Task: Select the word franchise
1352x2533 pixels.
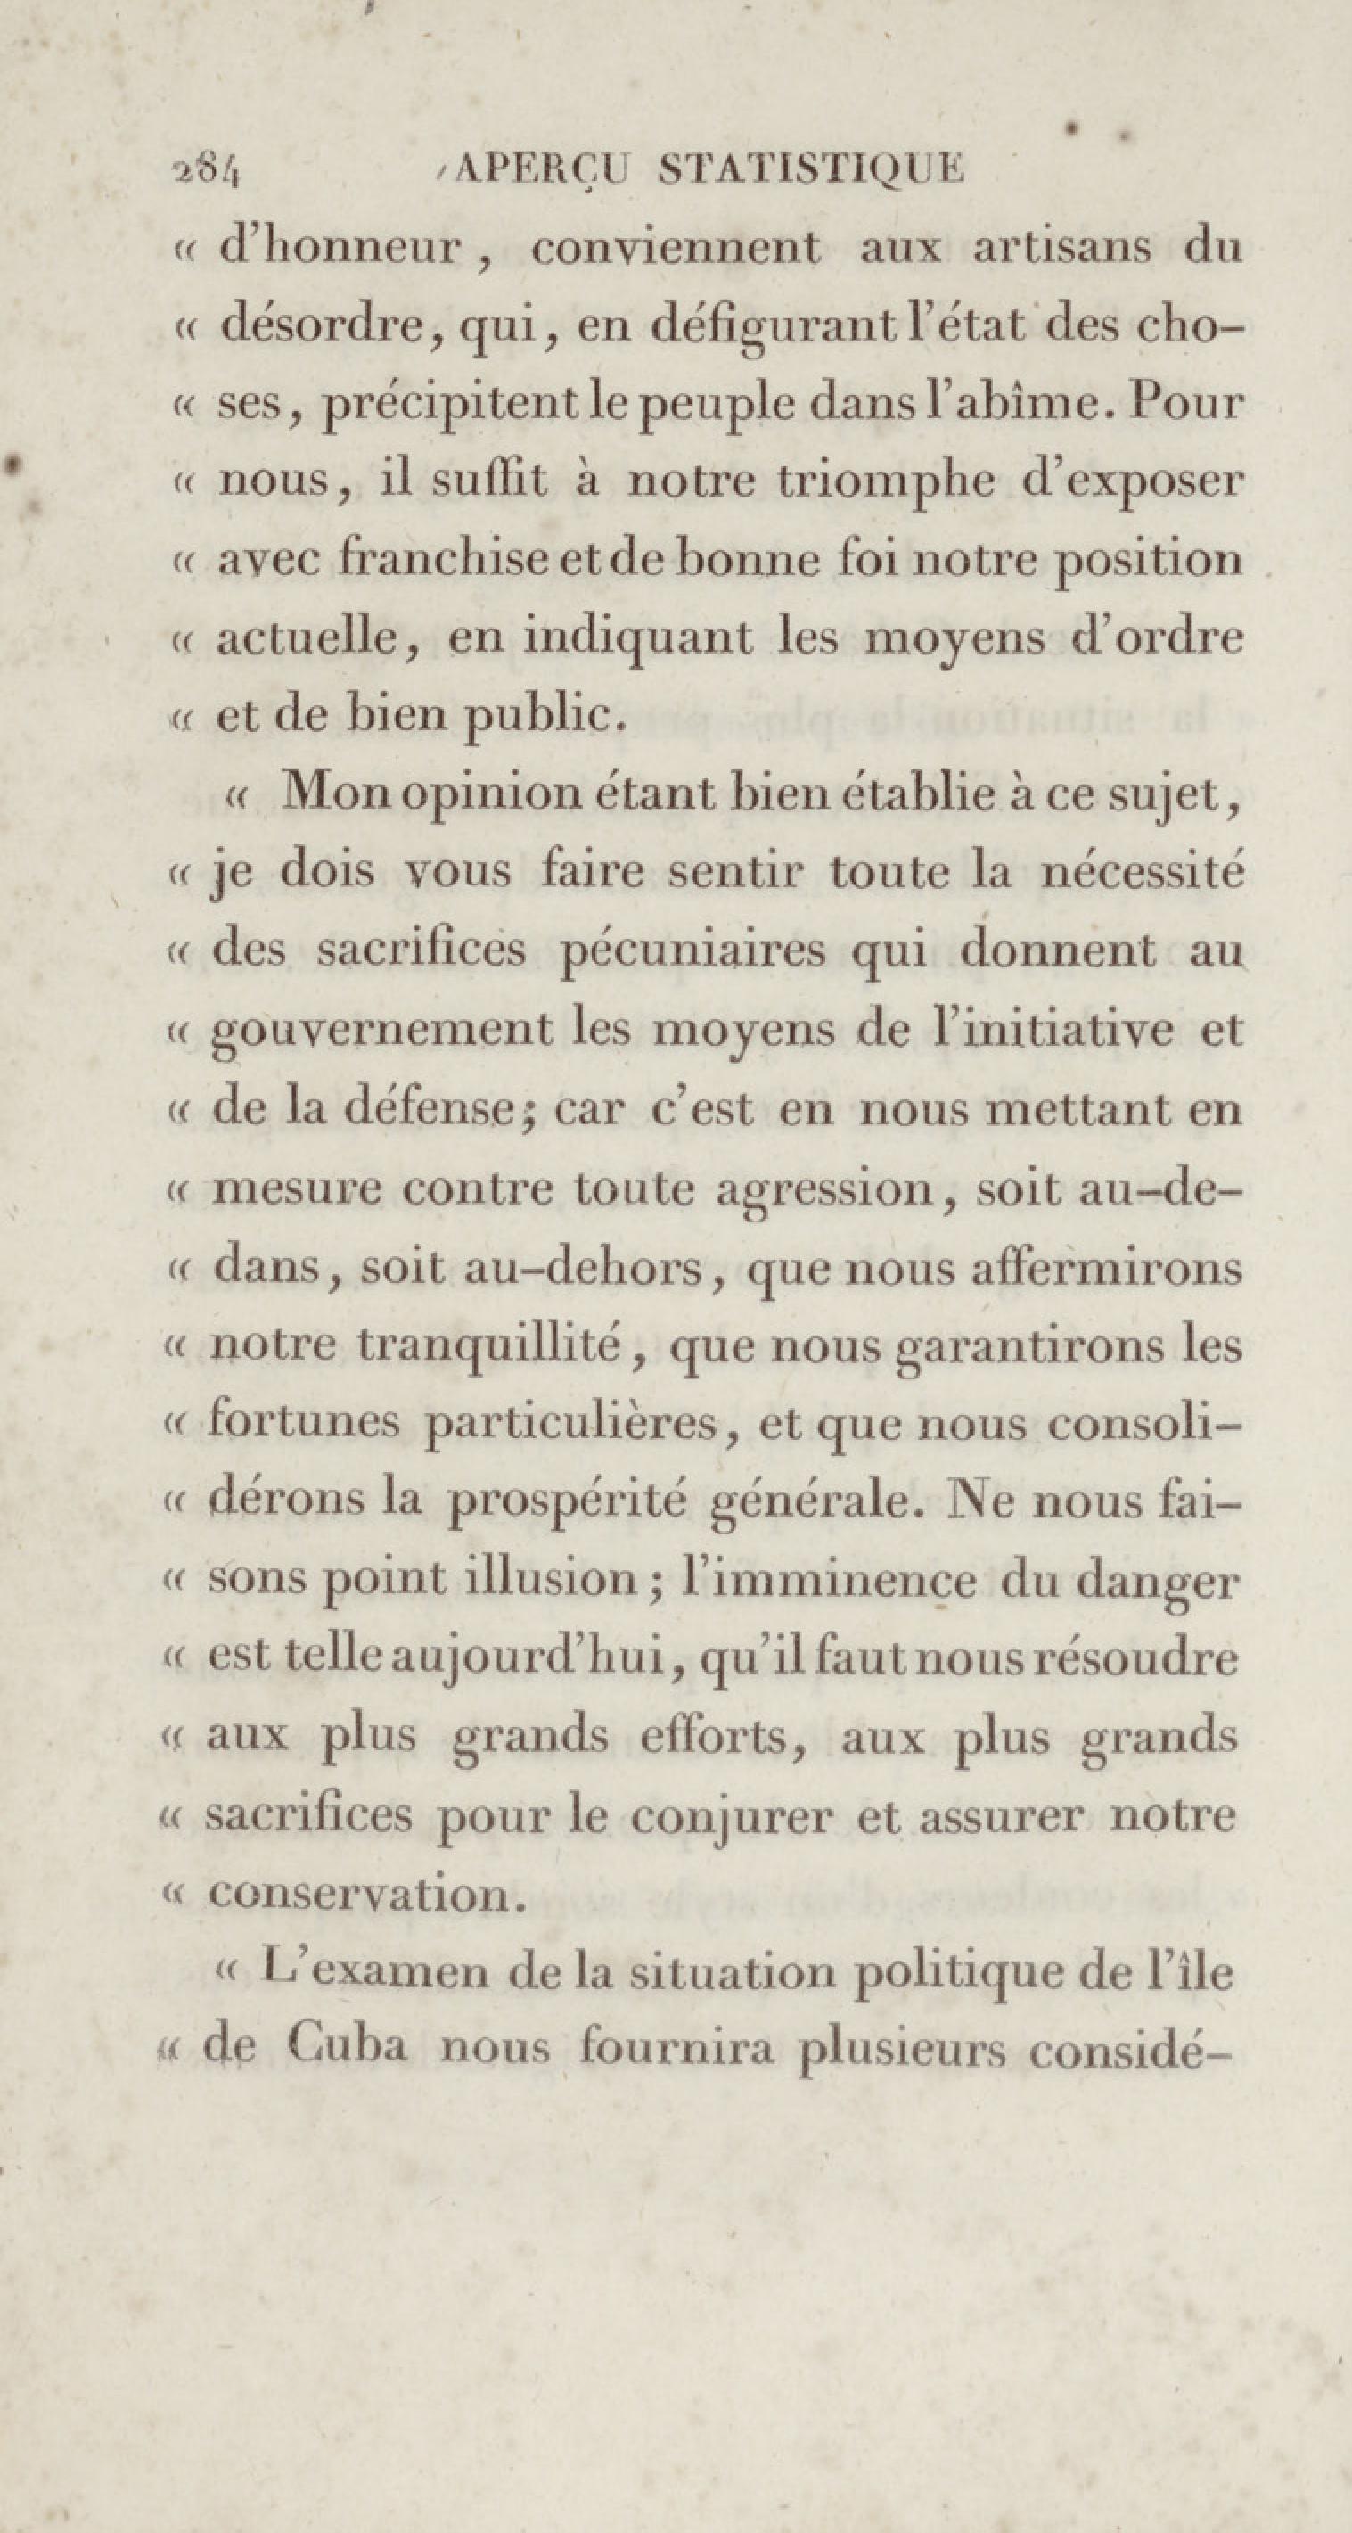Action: (x=458, y=561)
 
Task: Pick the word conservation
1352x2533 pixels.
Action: (x=359, y=1893)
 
